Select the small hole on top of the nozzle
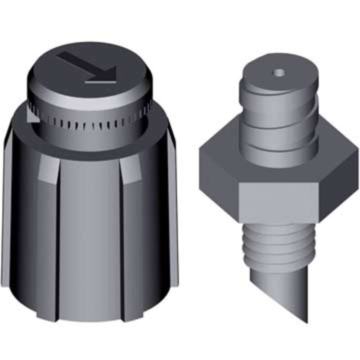279,72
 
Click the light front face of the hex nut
279,198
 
